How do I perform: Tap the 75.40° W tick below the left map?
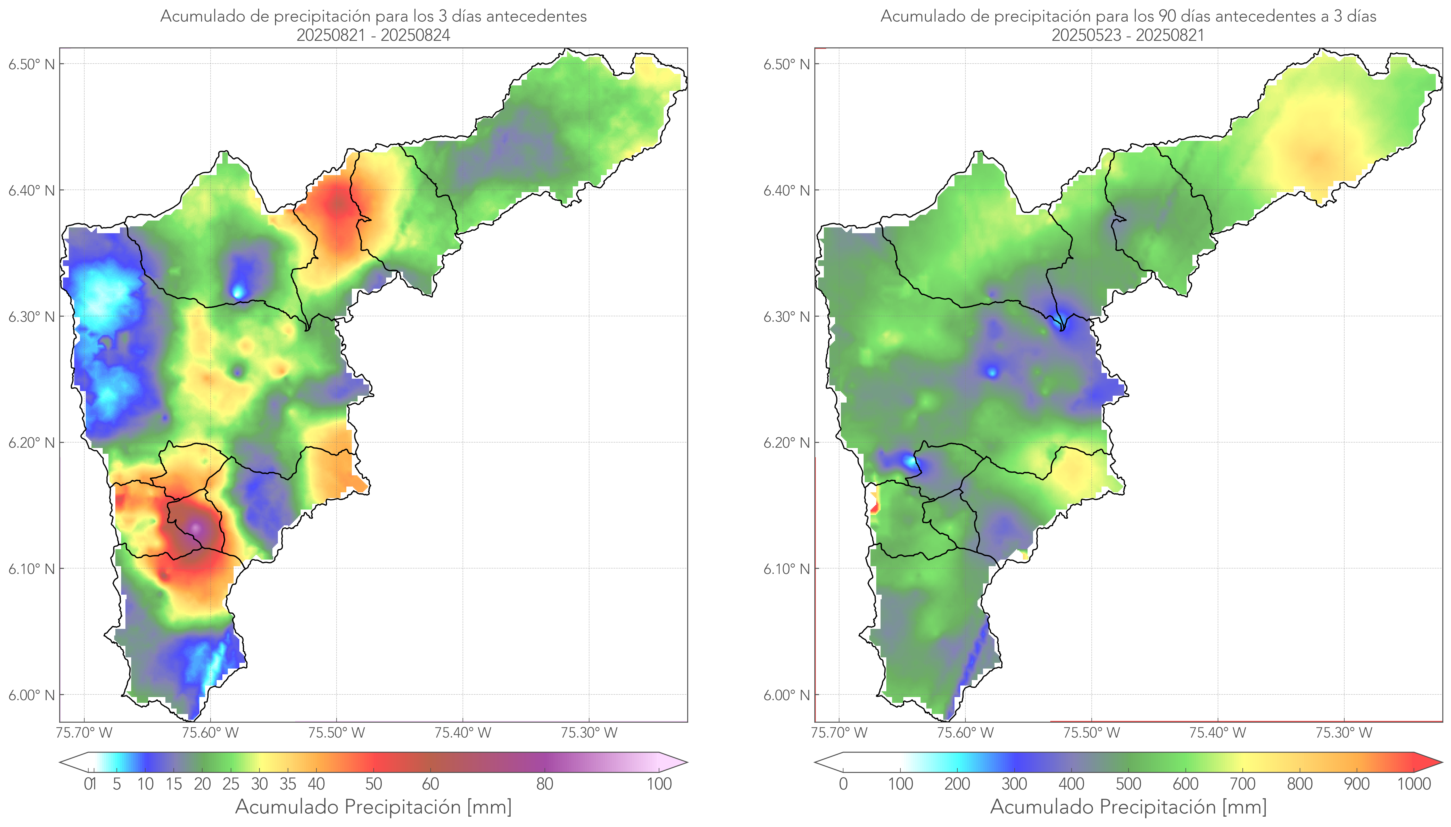(463, 733)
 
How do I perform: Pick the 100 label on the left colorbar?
(659, 784)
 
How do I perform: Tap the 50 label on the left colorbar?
(373, 784)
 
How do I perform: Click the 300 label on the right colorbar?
(1014, 784)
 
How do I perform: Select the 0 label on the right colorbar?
(843, 784)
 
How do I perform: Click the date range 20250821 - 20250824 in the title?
(373, 35)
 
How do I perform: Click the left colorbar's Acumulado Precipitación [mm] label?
(373, 807)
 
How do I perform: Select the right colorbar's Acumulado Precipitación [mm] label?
(1128, 807)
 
